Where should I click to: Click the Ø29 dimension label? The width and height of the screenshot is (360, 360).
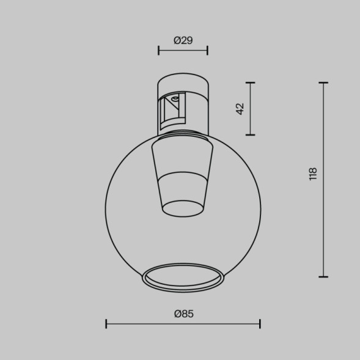pos(183,40)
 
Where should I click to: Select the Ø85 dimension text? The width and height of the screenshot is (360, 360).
pos(183,314)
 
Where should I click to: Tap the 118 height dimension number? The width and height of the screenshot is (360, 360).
pos(314,174)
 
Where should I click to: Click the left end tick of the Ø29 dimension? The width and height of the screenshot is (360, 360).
pos(158,51)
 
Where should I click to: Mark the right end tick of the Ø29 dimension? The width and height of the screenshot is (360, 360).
pos(208,51)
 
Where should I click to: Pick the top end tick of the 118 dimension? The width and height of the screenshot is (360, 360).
pos(323,82)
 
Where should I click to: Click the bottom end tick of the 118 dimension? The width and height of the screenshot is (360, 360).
pos(323,276)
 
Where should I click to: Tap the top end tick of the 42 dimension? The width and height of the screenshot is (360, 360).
pos(250,82)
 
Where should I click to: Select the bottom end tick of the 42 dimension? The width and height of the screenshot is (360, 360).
pos(250,134)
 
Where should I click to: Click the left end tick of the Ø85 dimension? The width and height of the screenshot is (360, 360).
pos(106,323)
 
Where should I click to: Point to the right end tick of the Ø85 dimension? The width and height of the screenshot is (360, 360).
pos(260,323)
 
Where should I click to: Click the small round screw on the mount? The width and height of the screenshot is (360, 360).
pos(175,98)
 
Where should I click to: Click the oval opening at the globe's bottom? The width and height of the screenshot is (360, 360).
pos(183,276)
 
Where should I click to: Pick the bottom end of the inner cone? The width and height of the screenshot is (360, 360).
pos(183,208)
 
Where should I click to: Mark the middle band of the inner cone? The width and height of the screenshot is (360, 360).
pos(183,187)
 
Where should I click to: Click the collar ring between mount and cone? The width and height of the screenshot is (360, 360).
pos(183,134)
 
